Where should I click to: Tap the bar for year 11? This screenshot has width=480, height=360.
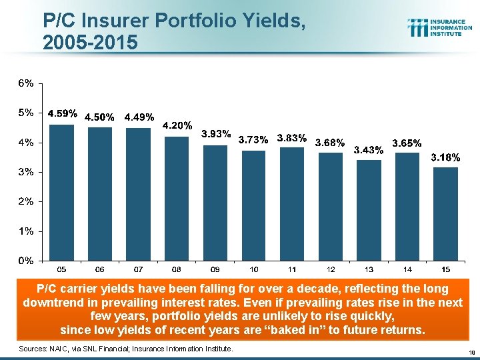292,203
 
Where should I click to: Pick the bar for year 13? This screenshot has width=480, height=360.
369,209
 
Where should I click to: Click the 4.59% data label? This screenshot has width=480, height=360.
62,113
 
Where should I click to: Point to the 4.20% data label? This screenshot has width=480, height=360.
177,125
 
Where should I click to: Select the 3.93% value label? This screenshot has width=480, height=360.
216,134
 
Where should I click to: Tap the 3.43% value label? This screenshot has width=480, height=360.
369,150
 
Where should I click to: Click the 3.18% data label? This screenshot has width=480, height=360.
445,158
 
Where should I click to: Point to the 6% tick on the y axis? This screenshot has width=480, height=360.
26,84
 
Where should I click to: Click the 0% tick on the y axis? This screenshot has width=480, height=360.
26,261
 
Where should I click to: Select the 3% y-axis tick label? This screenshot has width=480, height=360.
26,172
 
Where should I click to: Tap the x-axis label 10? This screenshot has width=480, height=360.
253,269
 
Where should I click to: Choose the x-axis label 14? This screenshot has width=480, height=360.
407,269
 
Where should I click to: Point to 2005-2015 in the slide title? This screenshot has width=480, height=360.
90,42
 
